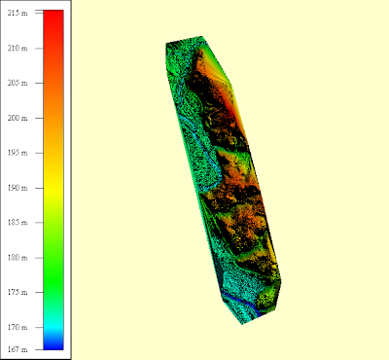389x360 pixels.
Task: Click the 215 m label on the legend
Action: (18, 13)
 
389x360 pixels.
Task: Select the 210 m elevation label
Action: (18, 49)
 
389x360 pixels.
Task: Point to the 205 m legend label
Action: (18, 83)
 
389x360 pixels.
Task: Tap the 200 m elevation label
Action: (18, 118)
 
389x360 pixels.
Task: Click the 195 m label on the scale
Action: (18, 153)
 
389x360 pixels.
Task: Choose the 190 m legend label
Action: (18, 188)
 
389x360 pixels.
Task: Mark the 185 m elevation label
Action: (18, 223)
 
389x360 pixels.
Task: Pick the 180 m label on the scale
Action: (18, 258)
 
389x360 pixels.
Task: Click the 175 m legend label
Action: (18, 292)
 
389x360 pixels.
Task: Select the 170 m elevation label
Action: (18, 327)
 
